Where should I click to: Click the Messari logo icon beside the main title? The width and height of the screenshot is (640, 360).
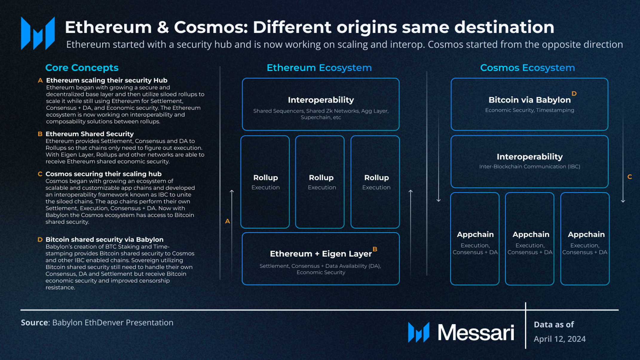[x=38, y=33]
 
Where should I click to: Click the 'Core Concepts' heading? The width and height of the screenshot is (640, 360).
[x=82, y=68]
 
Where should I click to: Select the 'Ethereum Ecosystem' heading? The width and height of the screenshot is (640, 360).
[x=319, y=68]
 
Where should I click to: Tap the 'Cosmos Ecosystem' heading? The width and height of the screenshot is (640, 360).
[x=527, y=68]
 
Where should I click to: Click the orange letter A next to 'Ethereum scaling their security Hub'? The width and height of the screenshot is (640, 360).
[x=40, y=81]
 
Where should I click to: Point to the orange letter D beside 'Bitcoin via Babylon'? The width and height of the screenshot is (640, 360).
[x=574, y=94]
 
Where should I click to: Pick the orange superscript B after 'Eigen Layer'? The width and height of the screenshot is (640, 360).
[x=375, y=249]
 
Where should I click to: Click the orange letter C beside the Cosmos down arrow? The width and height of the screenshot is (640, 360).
[x=630, y=177]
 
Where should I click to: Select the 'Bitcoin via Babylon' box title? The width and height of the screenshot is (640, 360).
[x=529, y=100]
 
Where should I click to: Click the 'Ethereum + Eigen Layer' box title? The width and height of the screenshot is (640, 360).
[x=321, y=254]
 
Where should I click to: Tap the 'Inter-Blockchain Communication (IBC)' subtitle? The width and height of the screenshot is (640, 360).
[x=529, y=167]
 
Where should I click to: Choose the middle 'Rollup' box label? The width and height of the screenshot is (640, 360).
[x=321, y=178]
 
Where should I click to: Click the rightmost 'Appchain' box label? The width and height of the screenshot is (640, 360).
[x=586, y=235]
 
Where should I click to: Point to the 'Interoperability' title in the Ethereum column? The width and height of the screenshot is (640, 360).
[x=321, y=100]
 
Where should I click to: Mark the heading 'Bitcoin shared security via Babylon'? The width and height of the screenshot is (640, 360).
[x=104, y=240]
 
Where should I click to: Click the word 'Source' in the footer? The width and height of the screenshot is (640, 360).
[x=34, y=323]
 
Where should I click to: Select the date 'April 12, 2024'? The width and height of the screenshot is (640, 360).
[x=559, y=339]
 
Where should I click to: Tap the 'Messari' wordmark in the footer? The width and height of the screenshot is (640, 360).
[x=476, y=333]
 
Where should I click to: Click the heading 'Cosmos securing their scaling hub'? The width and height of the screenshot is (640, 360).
[x=103, y=174]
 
